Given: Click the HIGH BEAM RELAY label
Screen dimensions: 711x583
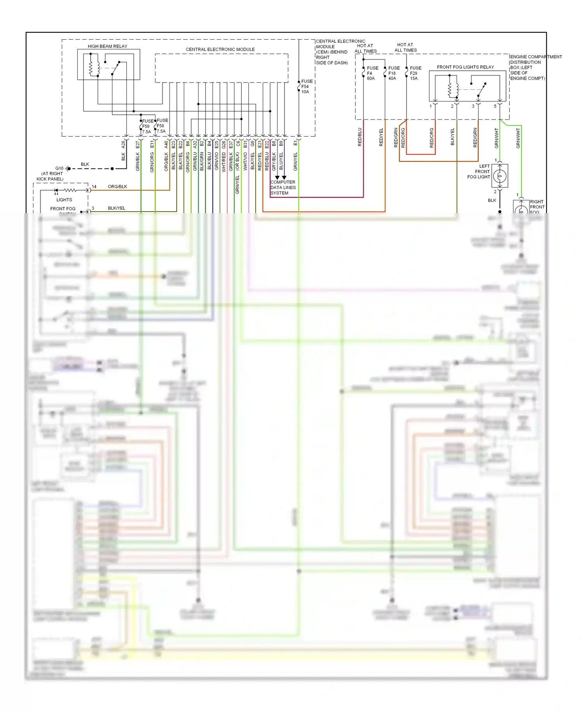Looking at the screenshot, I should [107, 46].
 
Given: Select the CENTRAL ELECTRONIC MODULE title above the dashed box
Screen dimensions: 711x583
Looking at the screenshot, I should [220, 49].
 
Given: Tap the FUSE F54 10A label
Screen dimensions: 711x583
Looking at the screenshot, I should [306, 87].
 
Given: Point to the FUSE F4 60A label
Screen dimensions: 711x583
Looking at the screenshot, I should [372, 73].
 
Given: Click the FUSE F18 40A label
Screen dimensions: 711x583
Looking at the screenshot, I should [393, 73].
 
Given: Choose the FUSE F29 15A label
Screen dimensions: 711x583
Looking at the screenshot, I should [415, 73].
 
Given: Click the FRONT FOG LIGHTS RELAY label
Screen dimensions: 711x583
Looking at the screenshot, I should [465, 67].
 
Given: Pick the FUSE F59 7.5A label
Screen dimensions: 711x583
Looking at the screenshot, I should [147, 126].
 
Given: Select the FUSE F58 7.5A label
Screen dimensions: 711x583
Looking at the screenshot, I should [162, 126].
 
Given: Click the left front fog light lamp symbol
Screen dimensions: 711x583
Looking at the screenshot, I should [500, 176].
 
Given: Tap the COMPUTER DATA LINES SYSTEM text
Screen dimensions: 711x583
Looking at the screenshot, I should [283, 187].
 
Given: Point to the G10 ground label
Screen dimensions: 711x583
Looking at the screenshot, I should [59, 168].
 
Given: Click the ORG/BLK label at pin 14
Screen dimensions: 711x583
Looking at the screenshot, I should [117, 187].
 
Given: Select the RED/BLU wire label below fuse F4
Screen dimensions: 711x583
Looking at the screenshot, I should [360, 137].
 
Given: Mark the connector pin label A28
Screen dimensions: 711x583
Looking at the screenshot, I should [123, 144].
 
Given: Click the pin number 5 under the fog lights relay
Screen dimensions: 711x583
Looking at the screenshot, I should [495, 106].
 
